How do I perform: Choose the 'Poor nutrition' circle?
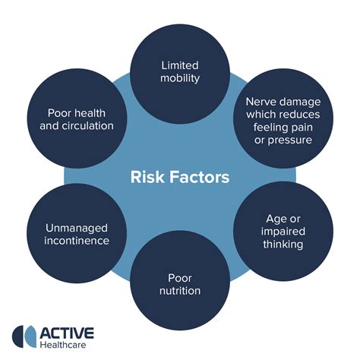(179, 283)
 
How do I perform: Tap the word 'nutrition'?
(179, 290)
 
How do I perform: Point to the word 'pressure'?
(296, 139)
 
